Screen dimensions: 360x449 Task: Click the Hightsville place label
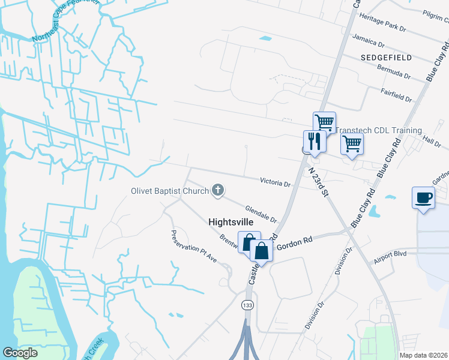pyautogui.click(x=231, y=221)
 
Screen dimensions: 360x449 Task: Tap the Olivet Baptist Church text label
pyautogui.click(x=170, y=191)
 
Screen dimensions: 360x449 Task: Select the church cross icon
pyautogui.click(x=218, y=191)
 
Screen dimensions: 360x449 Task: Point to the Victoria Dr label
pyautogui.click(x=275, y=181)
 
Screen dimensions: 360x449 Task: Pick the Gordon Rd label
pyautogui.click(x=300, y=240)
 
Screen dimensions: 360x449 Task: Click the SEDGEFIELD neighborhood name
pyautogui.click(x=387, y=58)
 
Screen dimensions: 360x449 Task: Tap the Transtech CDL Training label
pyautogui.click(x=378, y=130)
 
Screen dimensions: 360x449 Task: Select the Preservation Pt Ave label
pyautogui.click(x=194, y=246)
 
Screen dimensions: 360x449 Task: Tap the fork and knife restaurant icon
pyautogui.click(x=315, y=142)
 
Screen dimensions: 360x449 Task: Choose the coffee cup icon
pyautogui.click(x=424, y=197)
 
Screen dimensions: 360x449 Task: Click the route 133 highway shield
pyautogui.click(x=247, y=305)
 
